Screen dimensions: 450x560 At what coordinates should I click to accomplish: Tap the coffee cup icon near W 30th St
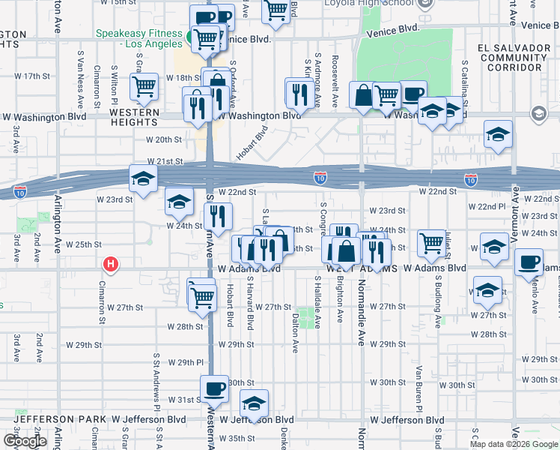tap(215, 388)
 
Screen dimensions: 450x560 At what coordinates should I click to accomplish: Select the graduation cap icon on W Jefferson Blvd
tap(255, 404)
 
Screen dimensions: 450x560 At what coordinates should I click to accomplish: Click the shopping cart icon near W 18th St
tap(143, 86)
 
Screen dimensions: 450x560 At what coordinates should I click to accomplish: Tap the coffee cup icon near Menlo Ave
tap(529, 262)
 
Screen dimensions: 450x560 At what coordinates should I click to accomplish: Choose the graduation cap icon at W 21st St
tap(143, 178)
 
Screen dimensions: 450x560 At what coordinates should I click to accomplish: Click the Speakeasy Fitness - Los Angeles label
tap(139, 39)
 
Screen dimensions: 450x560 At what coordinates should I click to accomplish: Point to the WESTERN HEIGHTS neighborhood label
tap(135, 112)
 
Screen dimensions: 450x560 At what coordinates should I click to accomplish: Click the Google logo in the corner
tap(25, 441)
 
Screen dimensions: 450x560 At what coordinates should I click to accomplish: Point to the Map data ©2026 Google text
tap(513, 444)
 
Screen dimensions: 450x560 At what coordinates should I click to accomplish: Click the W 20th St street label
tap(163, 139)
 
